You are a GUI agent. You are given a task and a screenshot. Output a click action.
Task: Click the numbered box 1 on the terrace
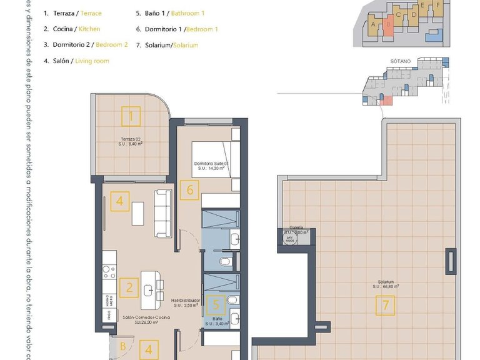[131, 116]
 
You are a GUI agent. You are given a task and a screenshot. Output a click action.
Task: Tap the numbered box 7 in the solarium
[386, 306]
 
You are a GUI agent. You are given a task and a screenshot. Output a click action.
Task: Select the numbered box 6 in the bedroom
[190, 189]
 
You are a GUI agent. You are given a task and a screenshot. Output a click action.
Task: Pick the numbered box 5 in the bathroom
[216, 305]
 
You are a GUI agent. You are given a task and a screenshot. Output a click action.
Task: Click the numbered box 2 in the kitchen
[129, 287]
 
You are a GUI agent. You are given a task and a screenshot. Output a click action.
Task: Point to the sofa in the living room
[164, 213]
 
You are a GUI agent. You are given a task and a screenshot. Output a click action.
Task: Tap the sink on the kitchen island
[149, 288]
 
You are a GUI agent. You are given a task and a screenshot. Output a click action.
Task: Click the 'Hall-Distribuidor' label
[186, 301]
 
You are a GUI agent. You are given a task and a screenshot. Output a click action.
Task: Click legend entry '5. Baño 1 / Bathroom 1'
[170, 12]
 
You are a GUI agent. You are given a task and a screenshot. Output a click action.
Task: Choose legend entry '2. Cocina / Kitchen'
[72, 29]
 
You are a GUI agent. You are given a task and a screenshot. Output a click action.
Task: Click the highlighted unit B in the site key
[389, 24]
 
